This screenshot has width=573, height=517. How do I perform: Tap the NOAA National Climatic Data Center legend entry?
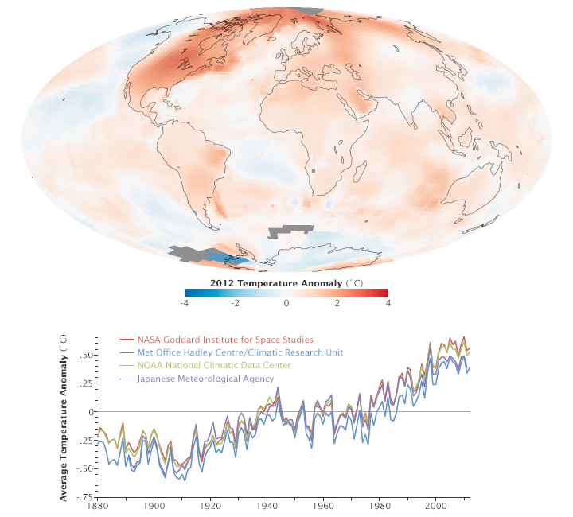coord(209,366)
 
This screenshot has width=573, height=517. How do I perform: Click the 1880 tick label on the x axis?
coord(98,506)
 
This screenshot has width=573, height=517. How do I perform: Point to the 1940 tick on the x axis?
coord(267,506)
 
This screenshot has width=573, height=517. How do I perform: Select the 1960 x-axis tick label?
coord(323,506)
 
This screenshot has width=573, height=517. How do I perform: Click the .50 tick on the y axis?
coord(84,354)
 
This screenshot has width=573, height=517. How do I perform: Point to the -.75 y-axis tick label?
coord(83,497)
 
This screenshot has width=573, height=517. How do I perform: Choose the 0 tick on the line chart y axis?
coord(90,411)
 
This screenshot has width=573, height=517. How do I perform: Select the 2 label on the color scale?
coord(337,303)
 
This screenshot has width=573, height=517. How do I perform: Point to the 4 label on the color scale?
coord(388,303)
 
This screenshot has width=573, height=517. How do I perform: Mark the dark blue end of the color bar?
coord(188,293)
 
